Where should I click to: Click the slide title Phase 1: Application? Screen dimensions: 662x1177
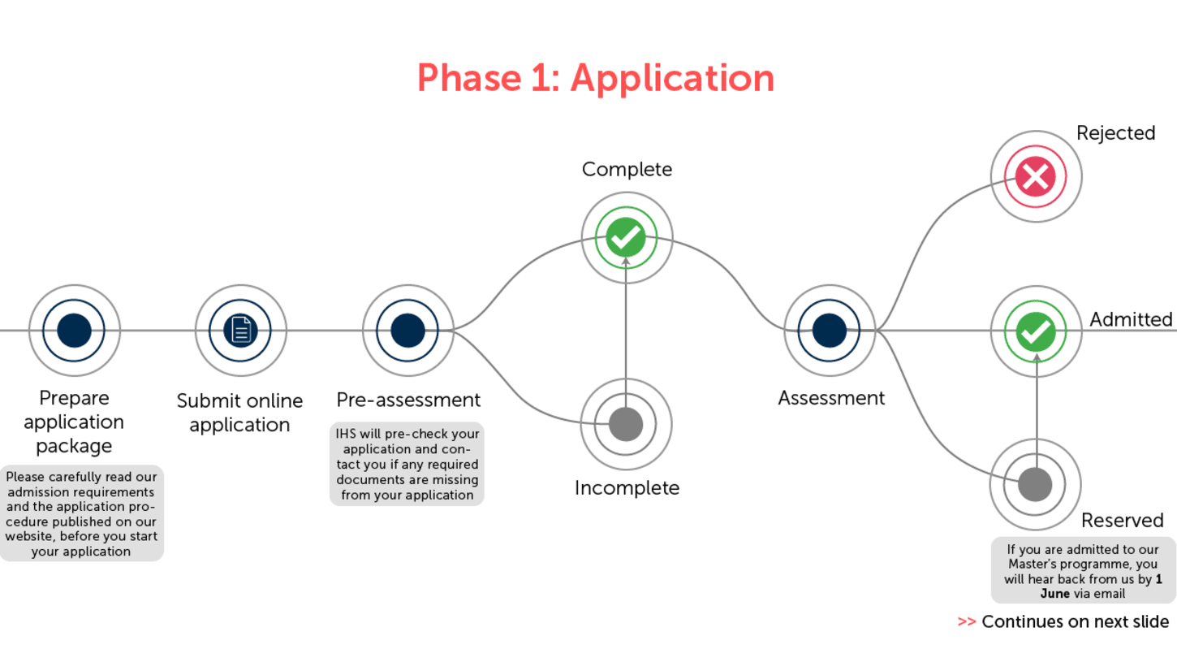click(595, 78)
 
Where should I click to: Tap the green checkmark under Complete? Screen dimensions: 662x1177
click(626, 237)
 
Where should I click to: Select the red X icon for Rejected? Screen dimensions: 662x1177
click(1035, 175)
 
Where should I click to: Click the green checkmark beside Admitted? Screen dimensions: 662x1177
click(1036, 331)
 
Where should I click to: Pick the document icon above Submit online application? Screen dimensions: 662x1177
click(240, 331)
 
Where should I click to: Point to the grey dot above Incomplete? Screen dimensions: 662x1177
click(626, 423)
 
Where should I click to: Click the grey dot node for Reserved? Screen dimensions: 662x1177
click(1035, 485)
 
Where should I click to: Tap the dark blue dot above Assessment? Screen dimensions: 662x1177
click(829, 331)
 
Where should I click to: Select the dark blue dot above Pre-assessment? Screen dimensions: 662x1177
click(407, 331)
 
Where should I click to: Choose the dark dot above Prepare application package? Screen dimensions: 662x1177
click(74, 331)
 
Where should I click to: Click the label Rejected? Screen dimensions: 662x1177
click(1115, 133)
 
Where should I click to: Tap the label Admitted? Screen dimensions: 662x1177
click(1130, 319)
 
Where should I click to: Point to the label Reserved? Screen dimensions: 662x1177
click(1122, 520)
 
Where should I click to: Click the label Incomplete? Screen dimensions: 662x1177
click(627, 487)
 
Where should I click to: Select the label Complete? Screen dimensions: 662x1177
click(627, 169)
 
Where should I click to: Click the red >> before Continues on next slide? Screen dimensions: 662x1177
click(966, 622)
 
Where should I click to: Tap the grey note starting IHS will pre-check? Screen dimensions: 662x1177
click(407, 464)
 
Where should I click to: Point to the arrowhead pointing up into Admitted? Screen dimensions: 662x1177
click(1037, 356)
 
